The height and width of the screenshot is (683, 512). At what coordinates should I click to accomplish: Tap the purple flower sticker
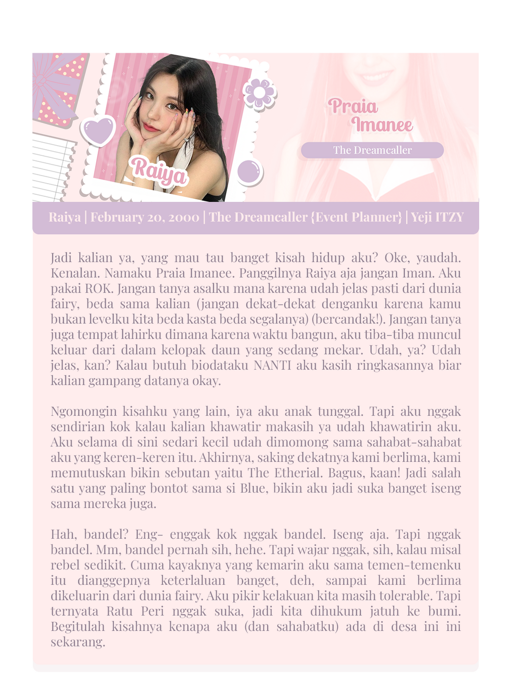pyautogui.click(x=259, y=93)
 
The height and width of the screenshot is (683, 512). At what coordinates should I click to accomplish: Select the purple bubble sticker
pyautogui.click(x=250, y=170)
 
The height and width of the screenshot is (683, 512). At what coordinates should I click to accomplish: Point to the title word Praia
pyautogui.click(x=353, y=106)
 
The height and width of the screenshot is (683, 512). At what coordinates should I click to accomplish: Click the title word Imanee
pyautogui.click(x=382, y=124)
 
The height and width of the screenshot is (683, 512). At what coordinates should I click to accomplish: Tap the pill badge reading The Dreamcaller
pyautogui.click(x=372, y=150)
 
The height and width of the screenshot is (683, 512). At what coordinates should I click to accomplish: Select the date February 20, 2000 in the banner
pyautogui.click(x=145, y=217)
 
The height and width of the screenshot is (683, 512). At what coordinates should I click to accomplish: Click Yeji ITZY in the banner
pyautogui.click(x=437, y=217)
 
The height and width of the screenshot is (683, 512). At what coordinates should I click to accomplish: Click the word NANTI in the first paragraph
pyautogui.click(x=272, y=365)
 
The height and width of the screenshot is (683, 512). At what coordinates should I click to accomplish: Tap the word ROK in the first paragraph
pyautogui.click(x=97, y=288)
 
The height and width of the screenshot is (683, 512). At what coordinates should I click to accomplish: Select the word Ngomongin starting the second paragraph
pyautogui.click(x=83, y=412)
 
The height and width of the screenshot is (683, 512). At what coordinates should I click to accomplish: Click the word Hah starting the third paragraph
pyautogui.click(x=65, y=535)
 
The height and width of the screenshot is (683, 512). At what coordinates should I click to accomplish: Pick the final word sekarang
pyautogui.click(x=77, y=643)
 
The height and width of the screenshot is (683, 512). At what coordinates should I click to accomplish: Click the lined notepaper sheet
pyautogui.click(x=54, y=167)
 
